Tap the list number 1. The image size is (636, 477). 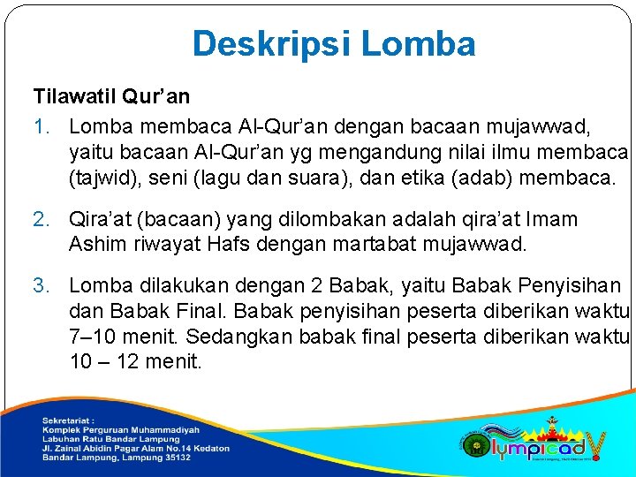(41, 128)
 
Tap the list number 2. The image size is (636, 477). (41, 219)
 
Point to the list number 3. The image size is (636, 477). (41, 285)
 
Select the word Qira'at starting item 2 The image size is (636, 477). (103, 219)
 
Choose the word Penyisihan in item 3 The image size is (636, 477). (570, 285)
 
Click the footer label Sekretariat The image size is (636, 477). (67, 420)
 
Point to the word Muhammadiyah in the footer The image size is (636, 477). (170, 429)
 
